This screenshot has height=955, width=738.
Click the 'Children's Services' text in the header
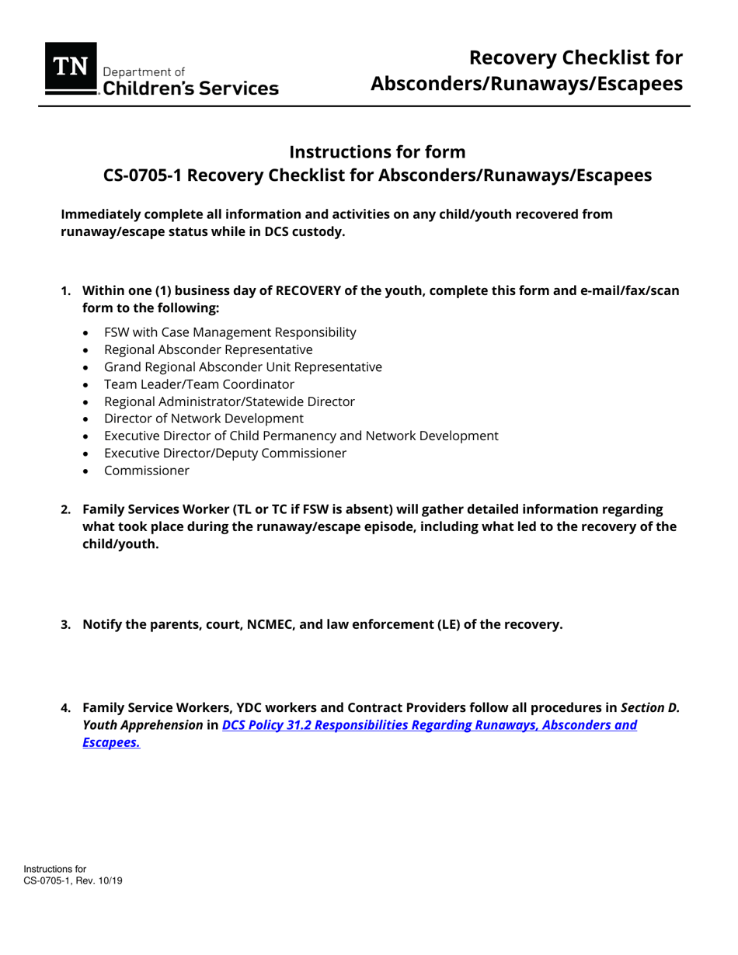191,89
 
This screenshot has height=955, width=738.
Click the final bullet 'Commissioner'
146,470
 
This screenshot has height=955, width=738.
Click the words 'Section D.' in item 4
649,708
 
